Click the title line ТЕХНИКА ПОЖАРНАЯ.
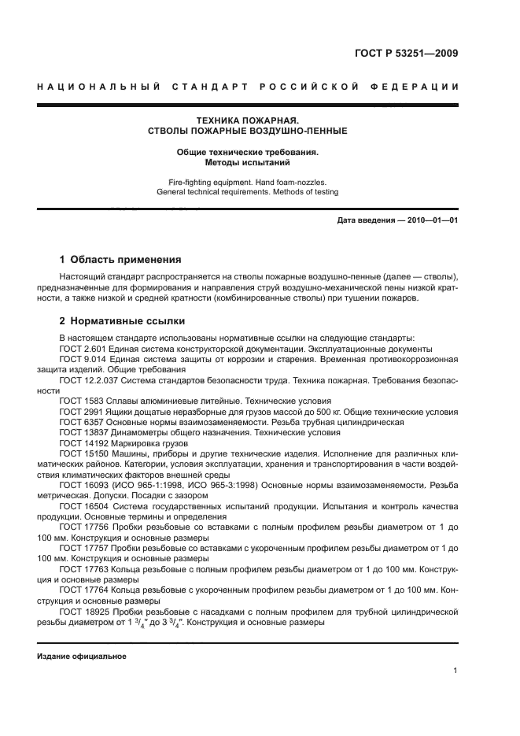tap(248, 120)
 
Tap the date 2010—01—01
tap(432, 220)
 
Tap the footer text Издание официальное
tap(81, 654)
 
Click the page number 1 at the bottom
tap(455, 671)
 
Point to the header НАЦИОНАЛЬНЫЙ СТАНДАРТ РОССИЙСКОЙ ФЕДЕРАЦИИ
tap(248, 85)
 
